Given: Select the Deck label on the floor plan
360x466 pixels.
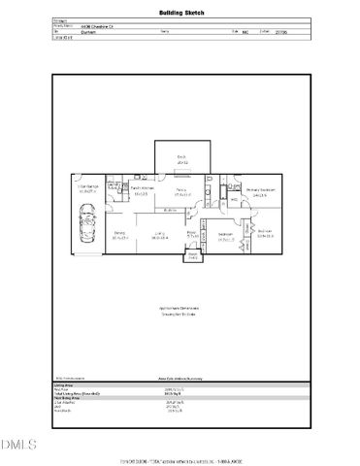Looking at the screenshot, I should pos(180,158).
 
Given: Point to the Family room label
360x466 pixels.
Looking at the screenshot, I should pos(180,191).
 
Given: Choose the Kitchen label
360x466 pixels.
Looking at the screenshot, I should pos(140,191).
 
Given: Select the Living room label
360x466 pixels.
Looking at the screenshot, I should pos(159,234).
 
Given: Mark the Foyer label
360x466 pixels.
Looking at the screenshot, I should pos(192,234).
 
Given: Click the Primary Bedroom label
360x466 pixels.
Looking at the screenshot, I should pos(260,191).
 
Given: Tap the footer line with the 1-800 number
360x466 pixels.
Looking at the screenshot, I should pos(180,460).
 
